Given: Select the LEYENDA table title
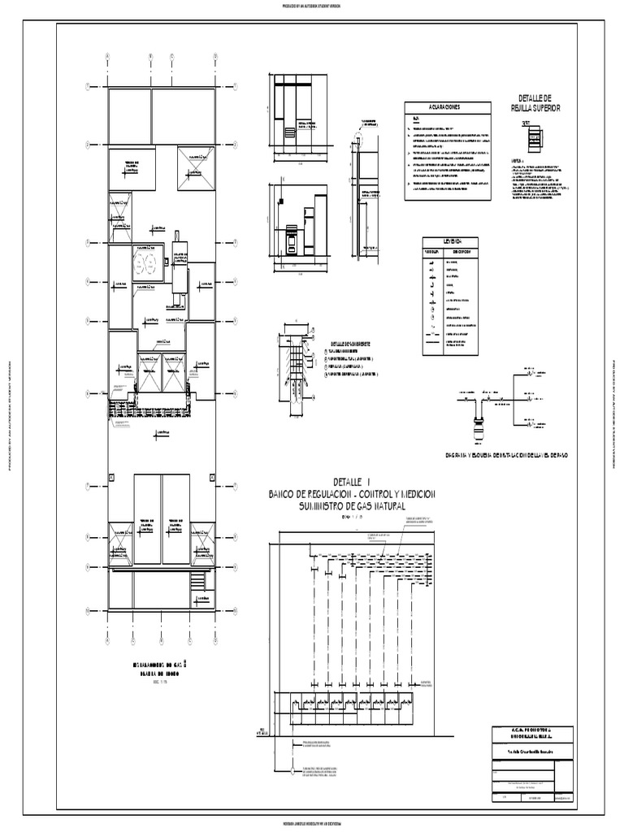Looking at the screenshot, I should coord(451,241).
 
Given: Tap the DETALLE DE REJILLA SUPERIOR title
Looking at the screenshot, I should coord(535,102).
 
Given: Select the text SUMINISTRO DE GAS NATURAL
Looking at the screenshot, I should coord(352,506).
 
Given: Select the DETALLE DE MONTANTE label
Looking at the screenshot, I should coord(347,342).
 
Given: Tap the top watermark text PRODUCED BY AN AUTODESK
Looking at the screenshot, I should coord(312,5).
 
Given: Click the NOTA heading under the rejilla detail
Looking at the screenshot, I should coord(516,161).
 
